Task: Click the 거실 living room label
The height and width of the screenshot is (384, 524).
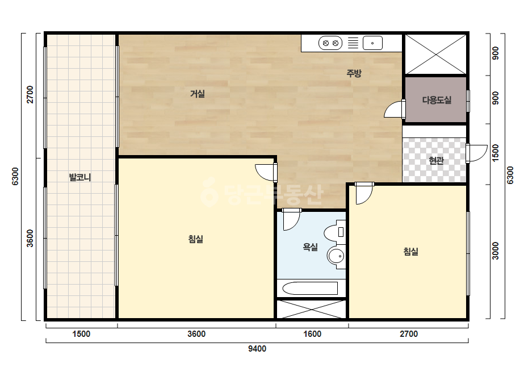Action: (x=197, y=94)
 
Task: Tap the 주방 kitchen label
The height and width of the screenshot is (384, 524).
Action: (x=354, y=73)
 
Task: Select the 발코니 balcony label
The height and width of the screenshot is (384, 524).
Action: (x=80, y=177)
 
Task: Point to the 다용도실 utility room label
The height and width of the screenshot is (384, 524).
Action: (x=437, y=100)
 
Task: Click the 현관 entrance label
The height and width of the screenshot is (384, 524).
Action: (x=437, y=161)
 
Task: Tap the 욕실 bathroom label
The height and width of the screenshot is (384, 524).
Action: (x=310, y=247)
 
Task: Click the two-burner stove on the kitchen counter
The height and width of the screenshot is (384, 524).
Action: (x=330, y=43)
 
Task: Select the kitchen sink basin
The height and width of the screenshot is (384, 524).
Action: (x=372, y=43)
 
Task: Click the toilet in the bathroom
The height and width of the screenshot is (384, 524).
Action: (x=335, y=231)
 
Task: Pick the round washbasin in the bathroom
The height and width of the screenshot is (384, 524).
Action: (x=337, y=257)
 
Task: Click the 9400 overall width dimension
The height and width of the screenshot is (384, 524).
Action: (x=257, y=349)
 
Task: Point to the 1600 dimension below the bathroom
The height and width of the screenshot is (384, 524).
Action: (x=312, y=334)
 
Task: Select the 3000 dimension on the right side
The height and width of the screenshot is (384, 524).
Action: (x=495, y=251)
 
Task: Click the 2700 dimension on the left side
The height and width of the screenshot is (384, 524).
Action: (x=30, y=95)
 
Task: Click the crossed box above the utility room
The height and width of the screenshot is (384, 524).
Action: (x=435, y=54)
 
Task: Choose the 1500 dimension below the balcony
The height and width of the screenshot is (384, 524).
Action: (x=81, y=334)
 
